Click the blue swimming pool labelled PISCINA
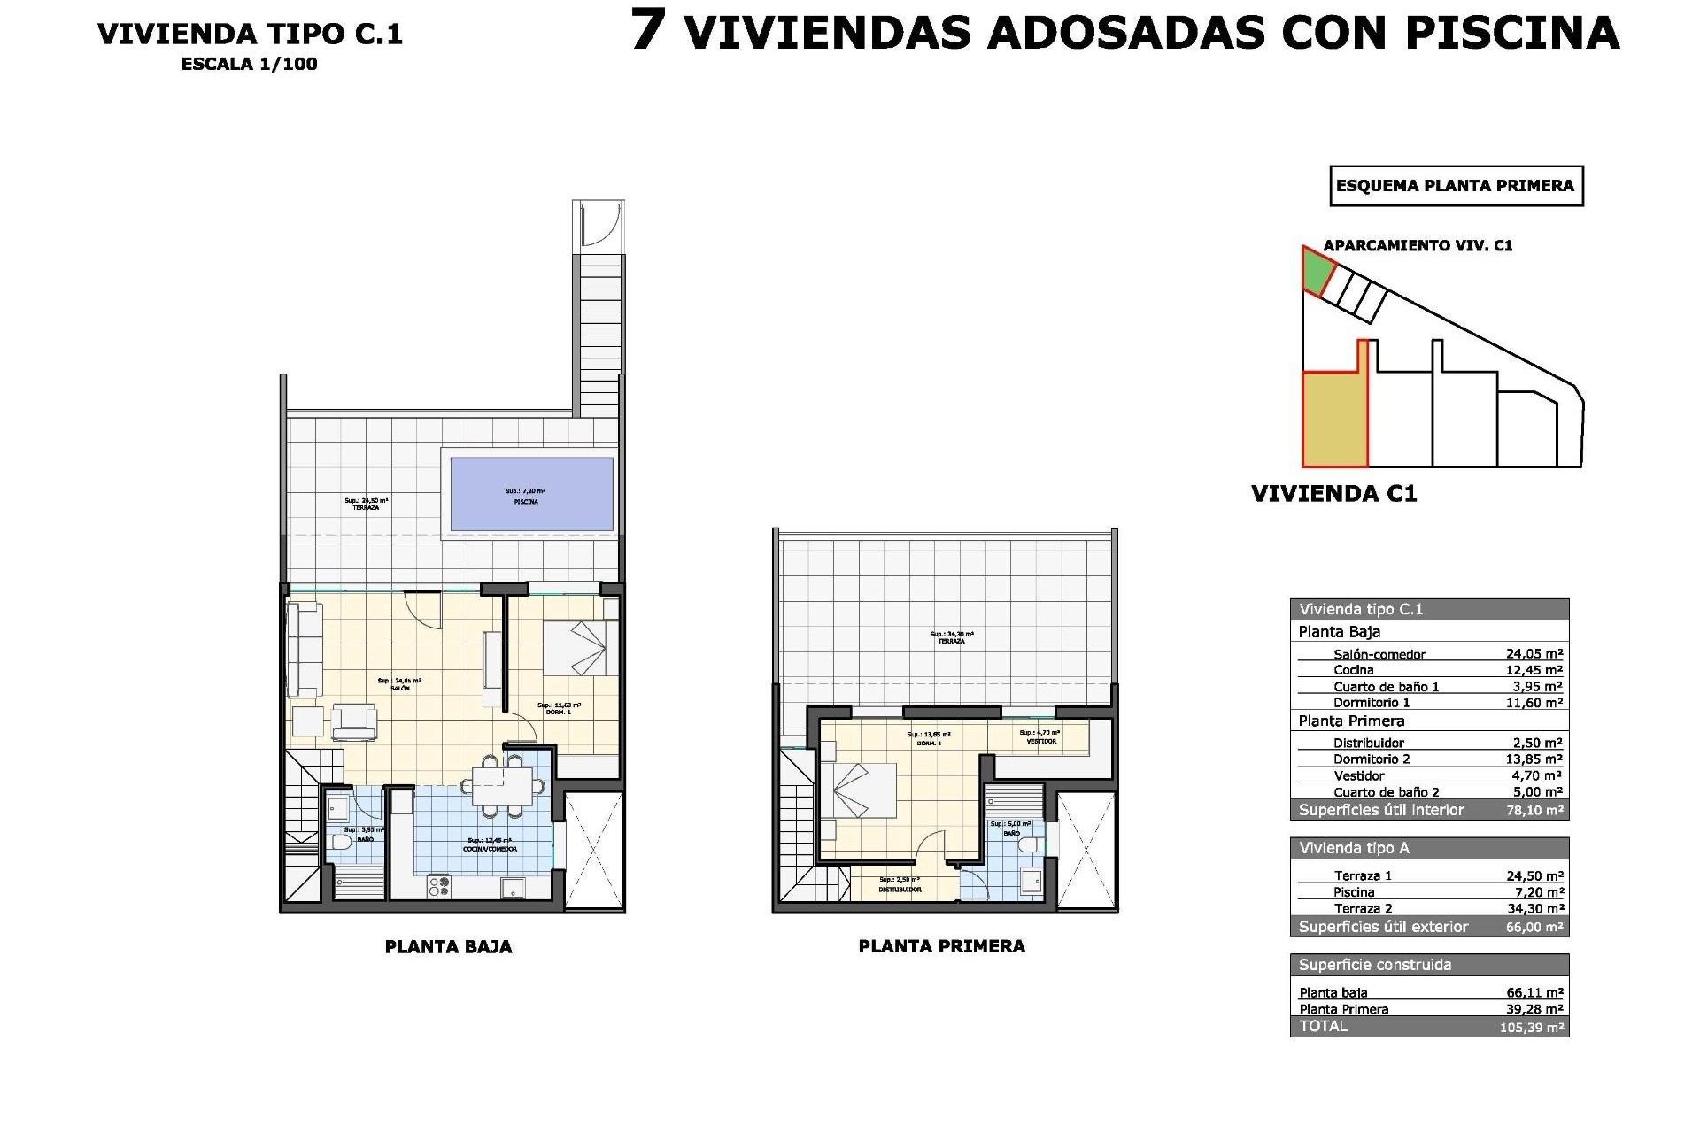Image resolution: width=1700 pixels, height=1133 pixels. point(531,494)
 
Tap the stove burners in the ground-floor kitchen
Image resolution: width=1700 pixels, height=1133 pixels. point(439,886)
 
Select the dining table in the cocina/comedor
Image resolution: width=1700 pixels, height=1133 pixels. point(501,786)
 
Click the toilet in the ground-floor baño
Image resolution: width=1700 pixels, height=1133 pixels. point(340,843)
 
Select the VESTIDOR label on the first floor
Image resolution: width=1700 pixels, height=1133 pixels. point(1040,741)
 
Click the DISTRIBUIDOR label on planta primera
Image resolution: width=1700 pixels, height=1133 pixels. point(900,889)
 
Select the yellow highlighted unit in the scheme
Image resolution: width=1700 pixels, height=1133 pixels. point(1333,420)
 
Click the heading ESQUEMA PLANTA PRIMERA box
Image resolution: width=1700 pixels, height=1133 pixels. point(1455,186)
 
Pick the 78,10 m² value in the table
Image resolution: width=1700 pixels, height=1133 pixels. point(1536,810)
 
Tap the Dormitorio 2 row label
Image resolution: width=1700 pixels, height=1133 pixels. point(1372,759)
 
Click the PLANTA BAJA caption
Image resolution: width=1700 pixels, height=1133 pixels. point(448,946)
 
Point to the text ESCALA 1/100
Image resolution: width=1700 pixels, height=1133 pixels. point(249,64)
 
